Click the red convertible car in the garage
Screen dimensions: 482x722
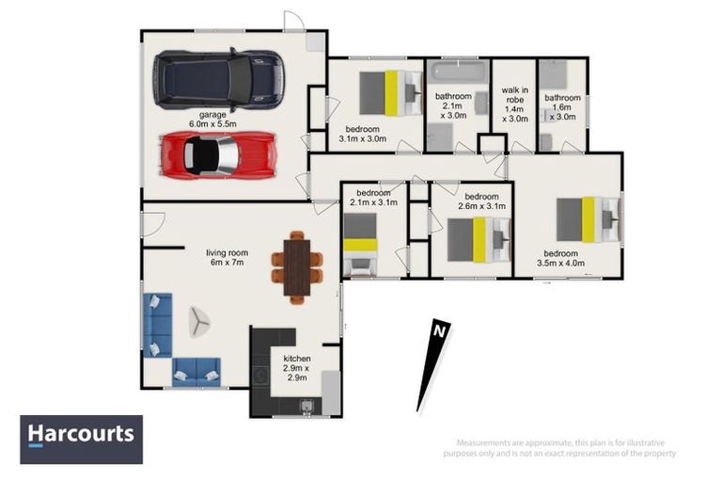pos(218,154)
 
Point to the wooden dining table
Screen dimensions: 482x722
pos(297,266)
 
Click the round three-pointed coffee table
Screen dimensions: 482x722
pos(199,322)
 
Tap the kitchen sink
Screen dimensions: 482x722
pos(306,408)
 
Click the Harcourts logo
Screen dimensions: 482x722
pos(82,438)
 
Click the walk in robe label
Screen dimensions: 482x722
pos(514,104)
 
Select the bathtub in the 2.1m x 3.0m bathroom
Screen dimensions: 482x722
pos(458,72)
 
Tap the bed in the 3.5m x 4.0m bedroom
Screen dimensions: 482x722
pos(587,219)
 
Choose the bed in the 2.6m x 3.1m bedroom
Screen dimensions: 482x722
pos(479,238)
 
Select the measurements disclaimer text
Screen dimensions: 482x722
pos(566,448)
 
